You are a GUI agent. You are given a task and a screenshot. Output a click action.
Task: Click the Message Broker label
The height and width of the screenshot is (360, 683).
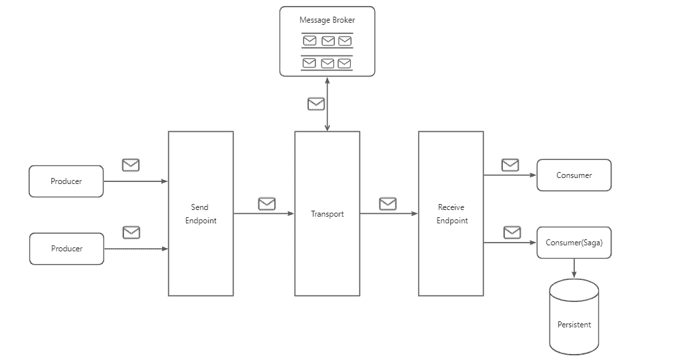tap(327, 20)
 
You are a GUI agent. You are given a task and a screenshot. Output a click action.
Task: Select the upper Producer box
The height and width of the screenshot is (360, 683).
tap(66, 181)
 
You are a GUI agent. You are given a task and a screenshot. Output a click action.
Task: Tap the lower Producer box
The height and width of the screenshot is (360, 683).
tap(67, 249)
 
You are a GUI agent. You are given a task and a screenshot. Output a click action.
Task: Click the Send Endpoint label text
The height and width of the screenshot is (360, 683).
tap(200, 214)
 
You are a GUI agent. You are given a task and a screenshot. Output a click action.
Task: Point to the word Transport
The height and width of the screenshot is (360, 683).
tap(327, 214)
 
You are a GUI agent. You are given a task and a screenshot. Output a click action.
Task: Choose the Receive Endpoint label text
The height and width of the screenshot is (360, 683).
tap(452, 214)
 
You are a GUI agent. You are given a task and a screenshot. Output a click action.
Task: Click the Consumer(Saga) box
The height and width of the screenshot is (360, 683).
tap(574, 243)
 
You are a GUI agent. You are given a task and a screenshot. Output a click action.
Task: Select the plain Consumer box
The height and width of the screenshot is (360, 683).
tap(574, 175)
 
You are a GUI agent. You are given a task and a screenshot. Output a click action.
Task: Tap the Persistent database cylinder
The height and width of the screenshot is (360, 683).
tap(574, 317)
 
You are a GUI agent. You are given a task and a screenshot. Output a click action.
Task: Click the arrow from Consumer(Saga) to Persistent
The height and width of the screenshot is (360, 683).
tap(574, 268)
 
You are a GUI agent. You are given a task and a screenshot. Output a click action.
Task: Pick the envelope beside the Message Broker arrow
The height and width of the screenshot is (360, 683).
tap(316, 104)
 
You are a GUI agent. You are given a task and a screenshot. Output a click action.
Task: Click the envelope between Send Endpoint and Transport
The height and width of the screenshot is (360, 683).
tap(267, 204)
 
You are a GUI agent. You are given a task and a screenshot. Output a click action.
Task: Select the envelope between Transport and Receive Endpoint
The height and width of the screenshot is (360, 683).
tap(388, 204)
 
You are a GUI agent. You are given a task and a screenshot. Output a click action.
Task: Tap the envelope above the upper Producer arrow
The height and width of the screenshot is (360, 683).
tap(131, 165)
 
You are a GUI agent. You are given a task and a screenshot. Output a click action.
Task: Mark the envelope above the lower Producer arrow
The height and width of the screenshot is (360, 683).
tap(131, 233)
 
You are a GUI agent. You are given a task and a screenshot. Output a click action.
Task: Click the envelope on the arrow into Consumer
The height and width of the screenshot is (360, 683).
tap(510, 165)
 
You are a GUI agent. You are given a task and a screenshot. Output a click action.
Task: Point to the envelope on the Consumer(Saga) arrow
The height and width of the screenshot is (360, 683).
tap(512, 233)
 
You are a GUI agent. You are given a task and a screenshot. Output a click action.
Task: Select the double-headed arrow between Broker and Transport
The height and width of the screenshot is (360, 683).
tap(327, 104)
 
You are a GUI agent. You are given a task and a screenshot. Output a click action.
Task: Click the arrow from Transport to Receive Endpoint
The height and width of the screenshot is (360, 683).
tap(389, 214)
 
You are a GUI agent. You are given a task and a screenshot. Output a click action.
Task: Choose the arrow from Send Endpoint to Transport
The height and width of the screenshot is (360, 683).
tap(264, 214)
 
